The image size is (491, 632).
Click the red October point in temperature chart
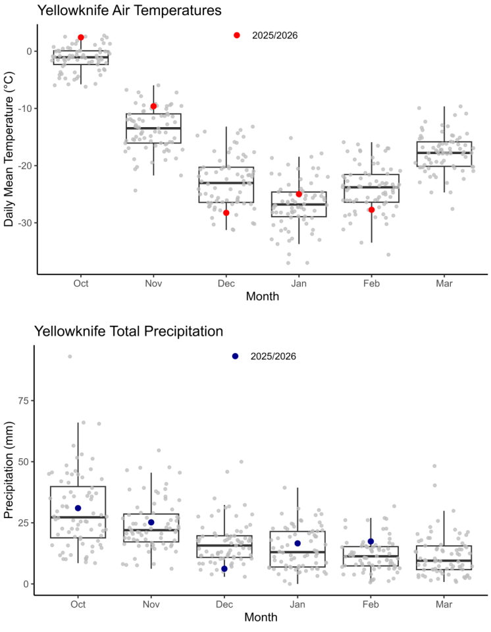click(81, 38)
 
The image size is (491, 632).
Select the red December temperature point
click(226, 213)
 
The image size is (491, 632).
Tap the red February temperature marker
click(371, 210)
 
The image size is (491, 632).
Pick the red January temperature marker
click(299, 194)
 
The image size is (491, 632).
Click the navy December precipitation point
click(224, 569)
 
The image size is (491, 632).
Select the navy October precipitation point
click(78, 508)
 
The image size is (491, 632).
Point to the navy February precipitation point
click(371, 542)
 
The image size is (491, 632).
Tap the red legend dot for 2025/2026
click(237, 35)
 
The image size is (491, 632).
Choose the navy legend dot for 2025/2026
click(235, 356)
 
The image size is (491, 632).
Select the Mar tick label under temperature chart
click(444, 284)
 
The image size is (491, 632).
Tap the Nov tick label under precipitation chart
click(151, 604)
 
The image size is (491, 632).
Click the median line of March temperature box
click(444, 153)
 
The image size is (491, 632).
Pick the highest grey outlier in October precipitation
click(70, 357)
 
